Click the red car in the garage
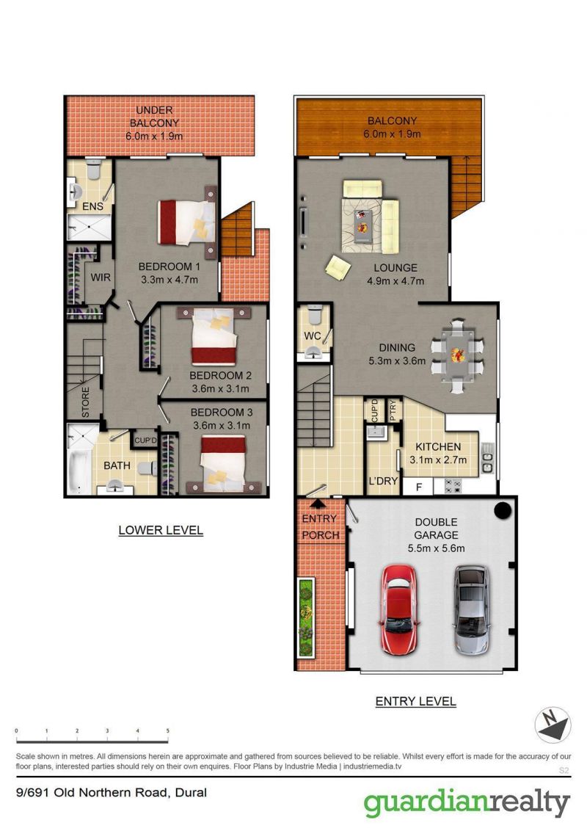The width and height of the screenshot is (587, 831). pyautogui.click(x=399, y=609)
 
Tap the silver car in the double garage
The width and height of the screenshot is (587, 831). pyautogui.click(x=470, y=609)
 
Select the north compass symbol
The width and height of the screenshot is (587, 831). pyautogui.click(x=553, y=725)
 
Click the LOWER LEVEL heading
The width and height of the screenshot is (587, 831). pyautogui.click(x=161, y=530)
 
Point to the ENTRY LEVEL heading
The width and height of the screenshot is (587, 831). pyautogui.click(x=416, y=701)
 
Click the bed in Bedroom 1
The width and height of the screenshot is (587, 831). pyautogui.click(x=187, y=222)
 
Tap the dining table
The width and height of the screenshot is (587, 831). pyautogui.click(x=457, y=355)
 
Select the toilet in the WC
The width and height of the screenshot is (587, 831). pyautogui.click(x=314, y=315)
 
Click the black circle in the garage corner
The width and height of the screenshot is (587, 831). pyautogui.click(x=502, y=510)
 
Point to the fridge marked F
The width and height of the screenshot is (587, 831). pyautogui.click(x=418, y=487)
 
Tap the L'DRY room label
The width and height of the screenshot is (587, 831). pyautogui.click(x=383, y=481)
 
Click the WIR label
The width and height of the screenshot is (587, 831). pyautogui.click(x=101, y=277)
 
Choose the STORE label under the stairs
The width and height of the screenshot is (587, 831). pyautogui.click(x=85, y=402)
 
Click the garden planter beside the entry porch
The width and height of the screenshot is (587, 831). pyautogui.click(x=306, y=617)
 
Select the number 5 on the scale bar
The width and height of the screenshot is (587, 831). pyautogui.click(x=168, y=731)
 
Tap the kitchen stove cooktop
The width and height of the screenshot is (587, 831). pyautogui.click(x=453, y=486)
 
